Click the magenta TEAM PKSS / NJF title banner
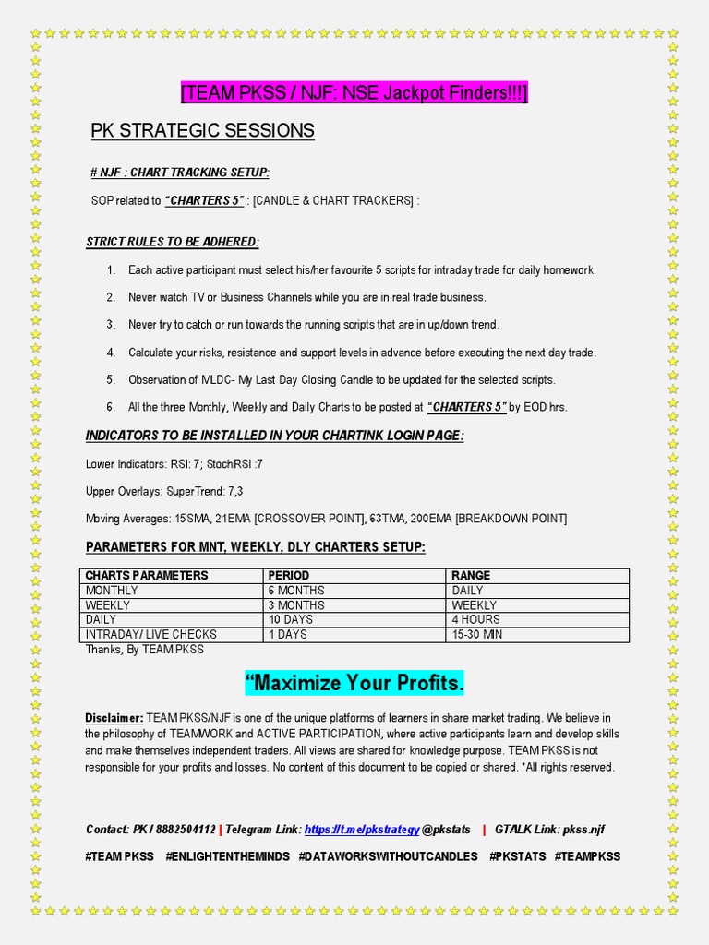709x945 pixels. point(354,93)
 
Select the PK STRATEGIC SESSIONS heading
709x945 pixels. point(202,131)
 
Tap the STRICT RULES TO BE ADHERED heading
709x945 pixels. point(173,242)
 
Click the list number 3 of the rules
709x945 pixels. point(111,325)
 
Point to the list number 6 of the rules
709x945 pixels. point(111,407)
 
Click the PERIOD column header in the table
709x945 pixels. point(289,576)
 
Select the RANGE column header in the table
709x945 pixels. point(471,576)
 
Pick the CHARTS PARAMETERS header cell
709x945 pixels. point(147,576)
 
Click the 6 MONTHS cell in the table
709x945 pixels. point(296,591)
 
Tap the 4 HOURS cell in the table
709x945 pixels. point(476,620)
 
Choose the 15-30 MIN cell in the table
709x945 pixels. point(477,635)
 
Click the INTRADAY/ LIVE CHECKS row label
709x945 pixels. point(151,635)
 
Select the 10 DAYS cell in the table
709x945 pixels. point(291,620)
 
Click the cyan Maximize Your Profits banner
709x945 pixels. point(354,684)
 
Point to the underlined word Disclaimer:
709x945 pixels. point(114,718)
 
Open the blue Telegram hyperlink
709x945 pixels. point(362,830)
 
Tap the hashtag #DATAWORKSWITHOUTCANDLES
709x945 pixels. point(389,856)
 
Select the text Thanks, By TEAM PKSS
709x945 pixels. point(145,650)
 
